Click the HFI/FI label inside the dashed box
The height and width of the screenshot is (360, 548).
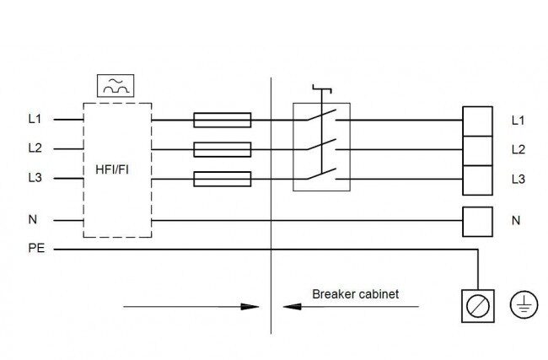point(112,169)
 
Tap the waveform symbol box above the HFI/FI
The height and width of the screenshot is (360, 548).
point(116,86)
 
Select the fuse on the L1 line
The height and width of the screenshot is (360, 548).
point(223,120)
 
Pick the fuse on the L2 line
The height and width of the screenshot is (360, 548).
point(223,149)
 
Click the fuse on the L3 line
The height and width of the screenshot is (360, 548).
point(223,179)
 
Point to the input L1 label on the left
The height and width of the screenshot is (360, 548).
point(35,119)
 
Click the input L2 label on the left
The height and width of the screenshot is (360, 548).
point(35,148)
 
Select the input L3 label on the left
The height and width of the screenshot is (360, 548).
point(35,178)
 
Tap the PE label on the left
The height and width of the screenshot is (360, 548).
point(36,248)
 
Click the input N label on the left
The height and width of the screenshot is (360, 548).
point(33,219)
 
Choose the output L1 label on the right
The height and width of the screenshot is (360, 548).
point(518,121)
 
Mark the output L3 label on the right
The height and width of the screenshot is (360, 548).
point(518,180)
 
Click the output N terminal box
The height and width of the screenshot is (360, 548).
point(477,222)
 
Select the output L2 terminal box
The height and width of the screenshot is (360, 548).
point(477,151)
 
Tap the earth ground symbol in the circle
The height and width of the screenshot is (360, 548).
point(524,304)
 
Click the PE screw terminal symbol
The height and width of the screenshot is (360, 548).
point(478,306)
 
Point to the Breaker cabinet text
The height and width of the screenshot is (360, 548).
point(356,294)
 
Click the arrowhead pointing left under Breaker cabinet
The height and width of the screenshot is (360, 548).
point(292,307)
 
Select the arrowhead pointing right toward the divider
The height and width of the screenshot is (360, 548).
point(250,307)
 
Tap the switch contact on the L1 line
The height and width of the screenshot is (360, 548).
point(322,115)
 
